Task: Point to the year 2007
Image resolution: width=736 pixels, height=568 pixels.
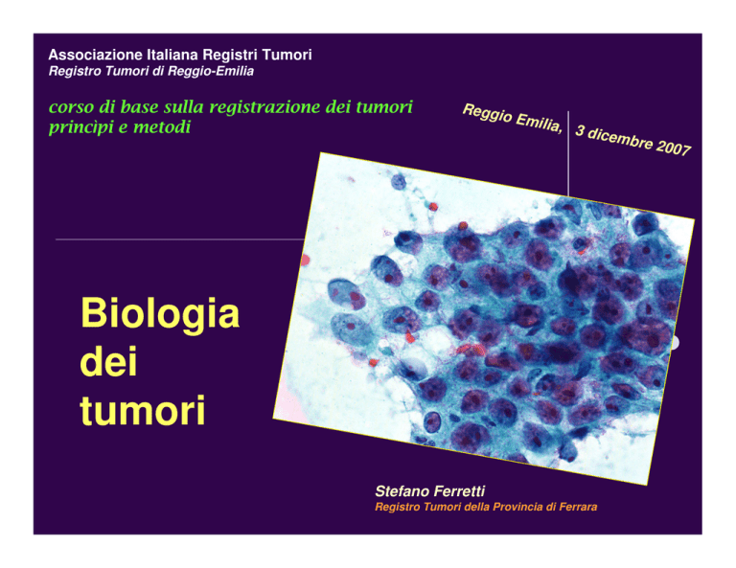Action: [674, 148]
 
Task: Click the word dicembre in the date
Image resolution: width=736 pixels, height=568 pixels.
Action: [619, 138]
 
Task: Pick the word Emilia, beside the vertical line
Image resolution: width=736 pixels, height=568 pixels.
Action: [539, 123]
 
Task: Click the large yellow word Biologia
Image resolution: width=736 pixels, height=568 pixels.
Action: [161, 314]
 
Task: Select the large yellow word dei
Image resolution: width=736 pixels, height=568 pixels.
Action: [108, 361]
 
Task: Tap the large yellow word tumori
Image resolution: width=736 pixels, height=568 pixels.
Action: [143, 410]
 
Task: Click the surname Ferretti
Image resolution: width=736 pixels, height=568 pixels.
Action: [459, 491]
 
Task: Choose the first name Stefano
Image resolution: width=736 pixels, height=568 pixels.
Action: [402, 491]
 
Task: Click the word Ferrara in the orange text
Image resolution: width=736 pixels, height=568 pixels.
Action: [578, 507]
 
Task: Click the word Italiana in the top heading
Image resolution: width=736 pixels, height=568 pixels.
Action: [172, 55]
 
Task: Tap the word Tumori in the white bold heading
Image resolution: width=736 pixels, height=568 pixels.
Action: [287, 55]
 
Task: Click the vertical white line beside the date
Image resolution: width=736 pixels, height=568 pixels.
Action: [568, 154]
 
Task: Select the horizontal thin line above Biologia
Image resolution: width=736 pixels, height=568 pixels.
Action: [180, 239]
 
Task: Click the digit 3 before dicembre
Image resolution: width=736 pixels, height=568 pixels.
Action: [580, 130]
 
